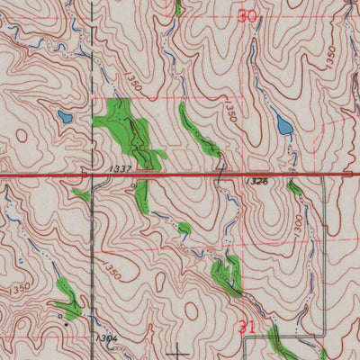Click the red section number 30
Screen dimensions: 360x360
(248, 15)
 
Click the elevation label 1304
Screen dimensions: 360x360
(110, 337)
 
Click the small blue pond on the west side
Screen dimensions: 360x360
(64, 116)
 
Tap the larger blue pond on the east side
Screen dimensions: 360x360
(283, 125)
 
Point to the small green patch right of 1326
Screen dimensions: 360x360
(294, 187)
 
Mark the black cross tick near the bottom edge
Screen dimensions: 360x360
(181, 351)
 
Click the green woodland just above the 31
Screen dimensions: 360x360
(226, 274)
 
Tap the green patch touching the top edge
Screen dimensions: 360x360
(178, 7)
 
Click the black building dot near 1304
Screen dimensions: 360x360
(61, 317)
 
